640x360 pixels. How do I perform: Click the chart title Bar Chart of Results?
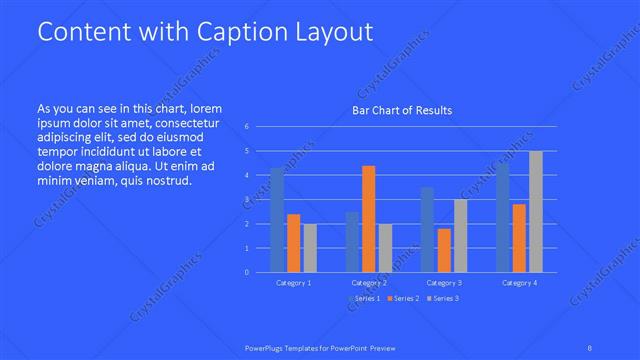point(402,110)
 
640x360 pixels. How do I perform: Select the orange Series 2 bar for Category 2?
point(369,218)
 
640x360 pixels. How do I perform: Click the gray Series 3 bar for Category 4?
point(536,211)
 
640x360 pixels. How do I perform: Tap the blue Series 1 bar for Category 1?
point(277,220)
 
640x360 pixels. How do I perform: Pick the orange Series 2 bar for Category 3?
point(444,250)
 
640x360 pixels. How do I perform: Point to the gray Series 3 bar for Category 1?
point(310,247)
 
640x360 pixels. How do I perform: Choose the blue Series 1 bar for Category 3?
point(427,229)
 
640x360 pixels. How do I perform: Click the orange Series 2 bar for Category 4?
point(519,238)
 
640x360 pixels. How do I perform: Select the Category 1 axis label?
point(293,283)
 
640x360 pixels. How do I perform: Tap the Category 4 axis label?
point(519,283)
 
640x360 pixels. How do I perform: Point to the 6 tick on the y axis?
point(246,127)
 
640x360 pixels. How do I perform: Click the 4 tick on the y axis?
point(246,175)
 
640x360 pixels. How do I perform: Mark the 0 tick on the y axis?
point(246,272)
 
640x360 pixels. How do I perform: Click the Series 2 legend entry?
point(402,299)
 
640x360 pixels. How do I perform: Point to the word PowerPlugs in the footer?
point(266,347)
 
